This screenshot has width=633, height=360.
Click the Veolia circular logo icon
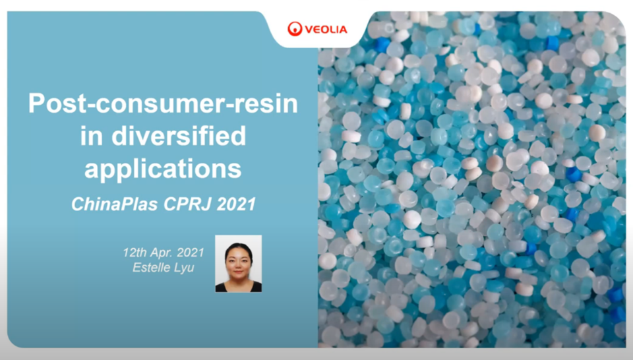295,29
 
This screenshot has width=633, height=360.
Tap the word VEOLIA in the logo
326,30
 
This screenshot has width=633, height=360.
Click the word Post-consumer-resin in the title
163,104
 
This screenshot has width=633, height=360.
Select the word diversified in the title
179,135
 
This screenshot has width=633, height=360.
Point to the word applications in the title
163,169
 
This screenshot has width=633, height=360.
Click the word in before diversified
91,136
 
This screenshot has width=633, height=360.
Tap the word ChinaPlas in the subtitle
114,204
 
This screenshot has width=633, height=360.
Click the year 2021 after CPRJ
237,204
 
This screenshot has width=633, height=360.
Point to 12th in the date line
135,253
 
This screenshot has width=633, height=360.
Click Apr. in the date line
162,253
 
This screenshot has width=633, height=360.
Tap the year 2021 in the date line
191,253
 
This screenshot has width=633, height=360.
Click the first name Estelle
149,267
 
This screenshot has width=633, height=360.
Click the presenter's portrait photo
238,264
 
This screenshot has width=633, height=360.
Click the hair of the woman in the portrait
238,248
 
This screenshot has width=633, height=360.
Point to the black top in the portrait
238,287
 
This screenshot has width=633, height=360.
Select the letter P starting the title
36,103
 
